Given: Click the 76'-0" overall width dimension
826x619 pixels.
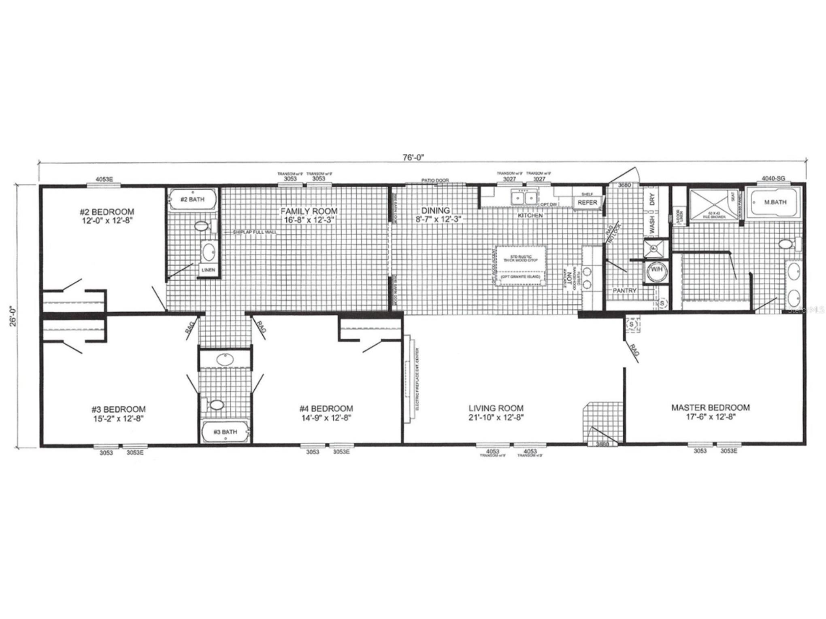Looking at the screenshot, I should [x=413, y=157].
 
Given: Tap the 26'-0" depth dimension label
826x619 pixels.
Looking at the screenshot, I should [x=13, y=315].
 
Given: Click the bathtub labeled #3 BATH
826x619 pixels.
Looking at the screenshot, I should [x=225, y=432].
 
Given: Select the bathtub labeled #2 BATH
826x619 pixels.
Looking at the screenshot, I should [x=192, y=199].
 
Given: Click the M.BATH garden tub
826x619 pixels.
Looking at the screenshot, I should [x=775, y=202].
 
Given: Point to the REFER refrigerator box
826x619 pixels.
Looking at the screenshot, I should [x=587, y=202].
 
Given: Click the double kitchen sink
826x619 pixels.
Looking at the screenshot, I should [x=524, y=198].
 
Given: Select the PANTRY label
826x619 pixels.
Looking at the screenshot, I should [x=624, y=290].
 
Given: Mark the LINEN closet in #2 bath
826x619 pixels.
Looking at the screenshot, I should [x=209, y=270].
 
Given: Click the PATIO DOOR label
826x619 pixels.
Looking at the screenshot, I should [x=435, y=180].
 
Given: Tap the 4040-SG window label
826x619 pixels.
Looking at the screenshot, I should [x=773, y=178].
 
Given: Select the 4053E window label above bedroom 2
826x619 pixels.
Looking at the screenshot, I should [x=104, y=179].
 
